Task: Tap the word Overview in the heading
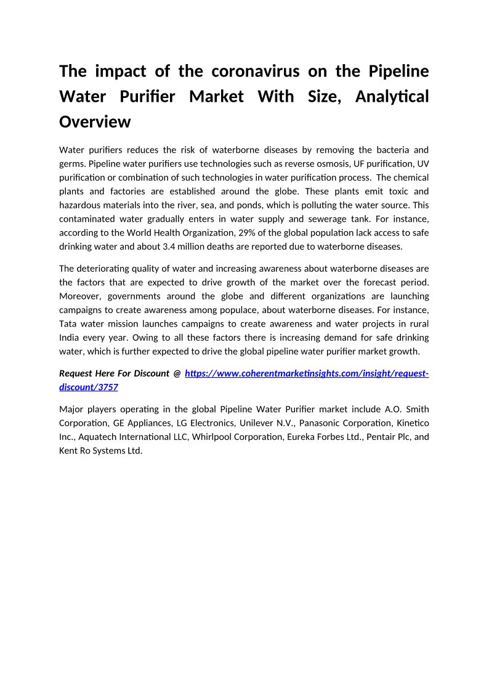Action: [x=95, y=121]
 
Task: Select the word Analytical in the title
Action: [x=392, y=97]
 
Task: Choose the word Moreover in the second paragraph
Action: [x=80, y=296]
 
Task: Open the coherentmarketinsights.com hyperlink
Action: [x=306, y=373]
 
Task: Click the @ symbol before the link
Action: [x=177, y=373]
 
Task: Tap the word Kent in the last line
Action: [x=69, y=450]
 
